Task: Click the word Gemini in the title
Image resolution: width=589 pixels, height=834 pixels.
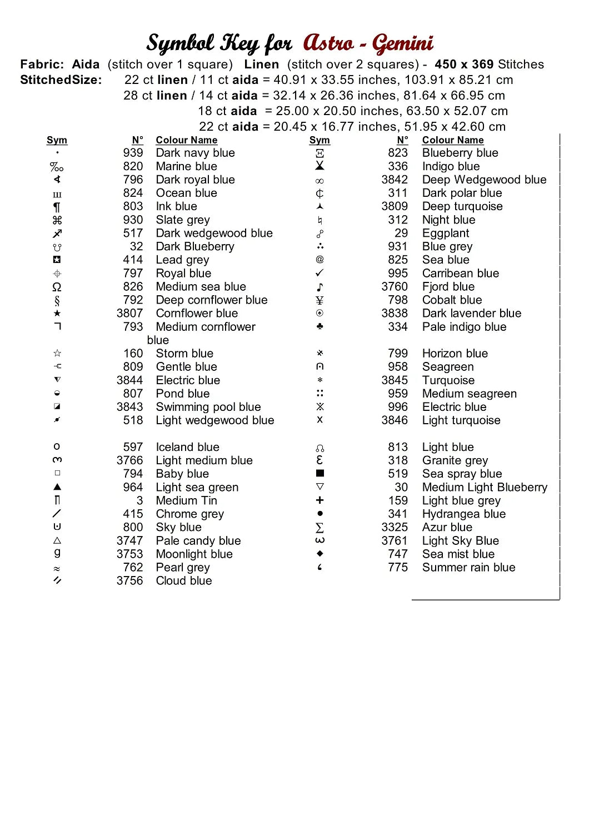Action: pos(402,43)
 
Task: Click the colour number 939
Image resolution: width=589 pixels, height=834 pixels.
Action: pos(133,153)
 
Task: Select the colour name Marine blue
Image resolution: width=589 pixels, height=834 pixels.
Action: pos(186,166)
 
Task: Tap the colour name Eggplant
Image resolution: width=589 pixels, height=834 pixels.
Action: pos(445,233)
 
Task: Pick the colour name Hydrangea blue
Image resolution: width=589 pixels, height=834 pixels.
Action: pos(463,514)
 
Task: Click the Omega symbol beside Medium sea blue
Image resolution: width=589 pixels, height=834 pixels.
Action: pos(57,287)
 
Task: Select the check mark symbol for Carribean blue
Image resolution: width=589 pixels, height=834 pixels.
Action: pos(320,273)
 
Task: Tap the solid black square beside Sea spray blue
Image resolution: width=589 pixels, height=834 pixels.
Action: pos(320,473)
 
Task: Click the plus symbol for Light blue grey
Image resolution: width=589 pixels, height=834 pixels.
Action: pos(320,500)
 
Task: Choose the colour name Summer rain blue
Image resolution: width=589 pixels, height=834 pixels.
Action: pos(468,567)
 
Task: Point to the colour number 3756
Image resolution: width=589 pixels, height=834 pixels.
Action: pos(129,580)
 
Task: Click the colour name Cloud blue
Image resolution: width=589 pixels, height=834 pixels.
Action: pos(184,580)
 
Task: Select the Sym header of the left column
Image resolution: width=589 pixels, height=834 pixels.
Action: pos(57,140)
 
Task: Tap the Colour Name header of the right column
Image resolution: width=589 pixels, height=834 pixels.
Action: pos(452,140)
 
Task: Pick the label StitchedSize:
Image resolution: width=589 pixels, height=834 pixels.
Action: pos(61,80)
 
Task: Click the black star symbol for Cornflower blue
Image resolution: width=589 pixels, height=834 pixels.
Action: pos(57,314)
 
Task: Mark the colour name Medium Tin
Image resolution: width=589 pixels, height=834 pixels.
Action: pos(186,500)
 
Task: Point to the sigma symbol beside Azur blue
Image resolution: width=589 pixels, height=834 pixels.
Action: pos(320,527)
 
